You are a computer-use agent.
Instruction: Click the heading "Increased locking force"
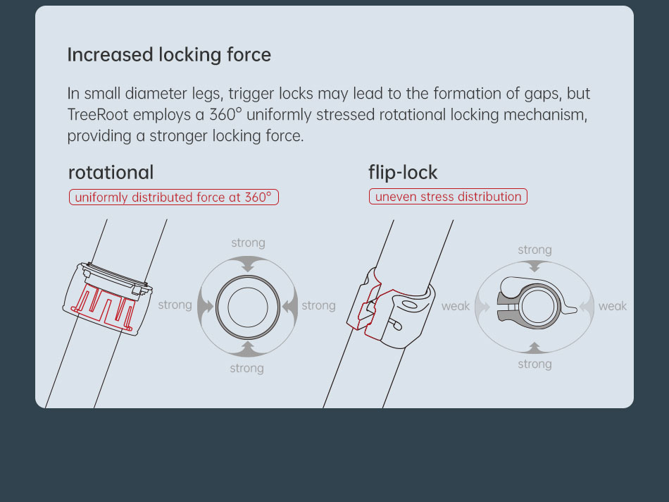(169, 55)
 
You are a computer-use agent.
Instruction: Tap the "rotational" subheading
(111, 173)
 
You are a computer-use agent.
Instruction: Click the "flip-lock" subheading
(403, 173)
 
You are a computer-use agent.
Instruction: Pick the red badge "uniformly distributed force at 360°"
(174, 197)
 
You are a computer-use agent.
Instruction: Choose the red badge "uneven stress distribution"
(448, 197)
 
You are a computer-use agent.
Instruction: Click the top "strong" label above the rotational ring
(249, 243)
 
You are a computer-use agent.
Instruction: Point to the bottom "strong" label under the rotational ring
(247, 368)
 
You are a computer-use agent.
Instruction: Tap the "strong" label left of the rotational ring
(175, 305)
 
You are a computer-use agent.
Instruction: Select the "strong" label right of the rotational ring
(319, 305)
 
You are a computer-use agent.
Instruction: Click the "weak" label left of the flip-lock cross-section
(456, 306)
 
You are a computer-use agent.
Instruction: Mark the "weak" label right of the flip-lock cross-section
(613, 306)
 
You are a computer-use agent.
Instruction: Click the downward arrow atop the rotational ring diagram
(248, 264)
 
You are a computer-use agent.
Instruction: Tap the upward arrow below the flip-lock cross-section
(534, 348)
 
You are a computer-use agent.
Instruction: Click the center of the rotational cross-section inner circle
(248, 307)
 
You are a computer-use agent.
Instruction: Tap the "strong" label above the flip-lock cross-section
(534, 250)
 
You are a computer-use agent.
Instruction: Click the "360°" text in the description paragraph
(225, 114)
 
